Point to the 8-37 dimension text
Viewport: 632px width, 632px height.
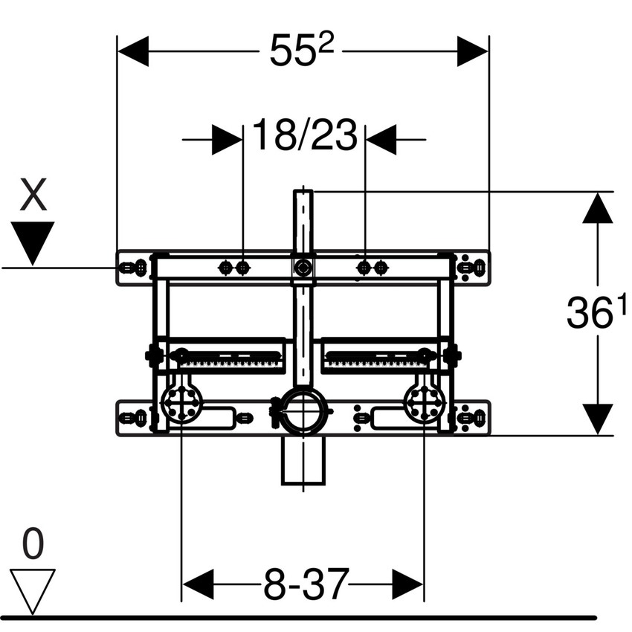305,583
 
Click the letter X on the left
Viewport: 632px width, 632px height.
33,198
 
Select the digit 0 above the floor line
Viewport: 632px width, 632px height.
32,545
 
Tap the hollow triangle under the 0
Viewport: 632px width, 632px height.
33,589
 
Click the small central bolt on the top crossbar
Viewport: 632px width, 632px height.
303,267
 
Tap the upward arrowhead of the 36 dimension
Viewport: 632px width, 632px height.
598,207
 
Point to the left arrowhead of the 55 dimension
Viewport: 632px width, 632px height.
134,51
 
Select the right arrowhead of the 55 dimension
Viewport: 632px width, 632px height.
472,51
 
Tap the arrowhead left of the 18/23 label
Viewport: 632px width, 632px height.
227,139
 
